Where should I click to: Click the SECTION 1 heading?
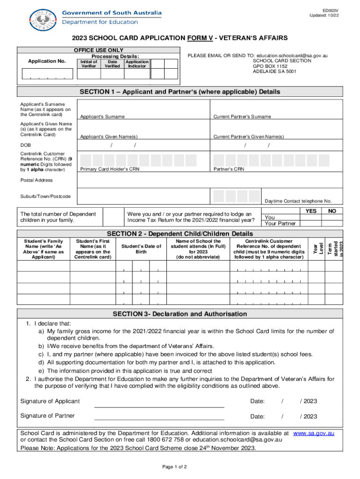[180, 92]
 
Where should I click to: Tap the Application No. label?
[47, 61]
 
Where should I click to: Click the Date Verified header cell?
[112, 64]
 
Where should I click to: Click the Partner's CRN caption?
[229, 169]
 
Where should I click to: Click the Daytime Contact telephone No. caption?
[298, 201]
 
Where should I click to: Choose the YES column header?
[310, 211]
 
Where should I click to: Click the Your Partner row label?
[280, 223]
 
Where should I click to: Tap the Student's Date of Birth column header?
[141, 249]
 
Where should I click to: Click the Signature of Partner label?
[48, 416]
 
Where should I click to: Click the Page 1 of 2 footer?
[174, 467]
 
